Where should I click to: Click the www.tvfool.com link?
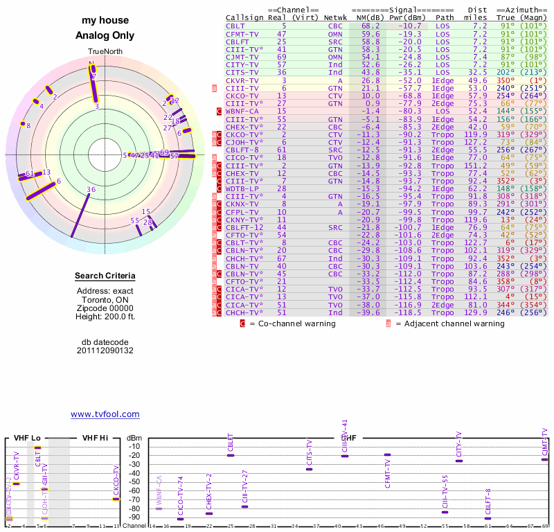pos(105,414)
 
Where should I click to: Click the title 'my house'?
pos(105,21)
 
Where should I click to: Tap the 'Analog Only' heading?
pos(105,36)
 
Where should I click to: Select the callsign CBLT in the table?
pos(235,26)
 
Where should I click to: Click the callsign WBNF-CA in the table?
pos(242,111)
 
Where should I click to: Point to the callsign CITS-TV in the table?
pos(242,72)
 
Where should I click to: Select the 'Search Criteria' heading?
pos(105,277)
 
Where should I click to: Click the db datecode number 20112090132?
pos(105,351)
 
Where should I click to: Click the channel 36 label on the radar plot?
pos(91,189)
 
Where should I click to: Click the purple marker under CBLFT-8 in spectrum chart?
pos(488,518)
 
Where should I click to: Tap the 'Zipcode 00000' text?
pos(105,308)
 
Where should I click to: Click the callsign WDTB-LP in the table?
pos(242,188)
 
